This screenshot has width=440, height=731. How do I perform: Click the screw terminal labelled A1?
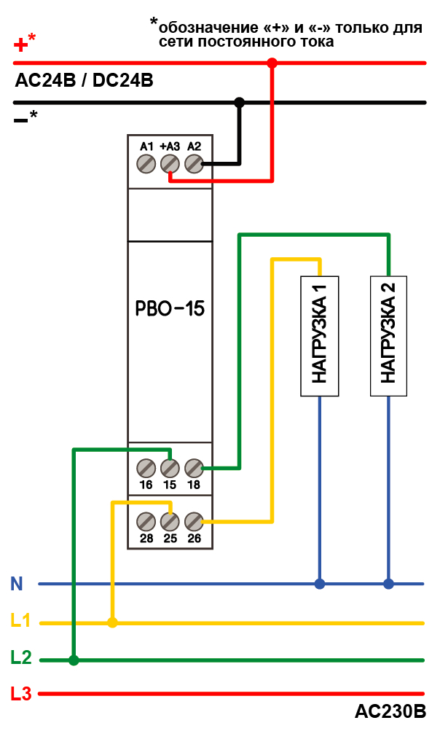point(146,164)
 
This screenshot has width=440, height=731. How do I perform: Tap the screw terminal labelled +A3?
point(170,164)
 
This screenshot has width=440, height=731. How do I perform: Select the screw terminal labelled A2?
point(194,164)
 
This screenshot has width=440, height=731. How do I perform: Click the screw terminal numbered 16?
point(146,467)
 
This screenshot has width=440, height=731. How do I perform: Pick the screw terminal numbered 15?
point(170,467)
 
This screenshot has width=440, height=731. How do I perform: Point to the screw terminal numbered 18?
point(194,467)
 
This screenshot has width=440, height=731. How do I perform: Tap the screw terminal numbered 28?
point(146,521)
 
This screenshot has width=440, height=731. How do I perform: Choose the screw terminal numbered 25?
point(170,521)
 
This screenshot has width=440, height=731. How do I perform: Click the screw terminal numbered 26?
point(194,521)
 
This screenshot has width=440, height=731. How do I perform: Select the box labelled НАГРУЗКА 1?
point(320,335)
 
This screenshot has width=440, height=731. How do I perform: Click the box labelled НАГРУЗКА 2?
point(388,335)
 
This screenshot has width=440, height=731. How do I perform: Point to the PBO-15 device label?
point(170,308)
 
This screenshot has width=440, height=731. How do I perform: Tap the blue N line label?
point(17,583)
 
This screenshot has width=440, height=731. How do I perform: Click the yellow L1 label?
point(20,622)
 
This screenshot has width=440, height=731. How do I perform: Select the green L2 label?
point(21,658)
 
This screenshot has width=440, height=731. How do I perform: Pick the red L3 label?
point(21,693)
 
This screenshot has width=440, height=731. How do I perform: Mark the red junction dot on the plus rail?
point(272,63)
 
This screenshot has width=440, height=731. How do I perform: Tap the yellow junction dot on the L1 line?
point(112,622)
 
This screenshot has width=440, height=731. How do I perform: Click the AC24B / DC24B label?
point(84,81)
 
